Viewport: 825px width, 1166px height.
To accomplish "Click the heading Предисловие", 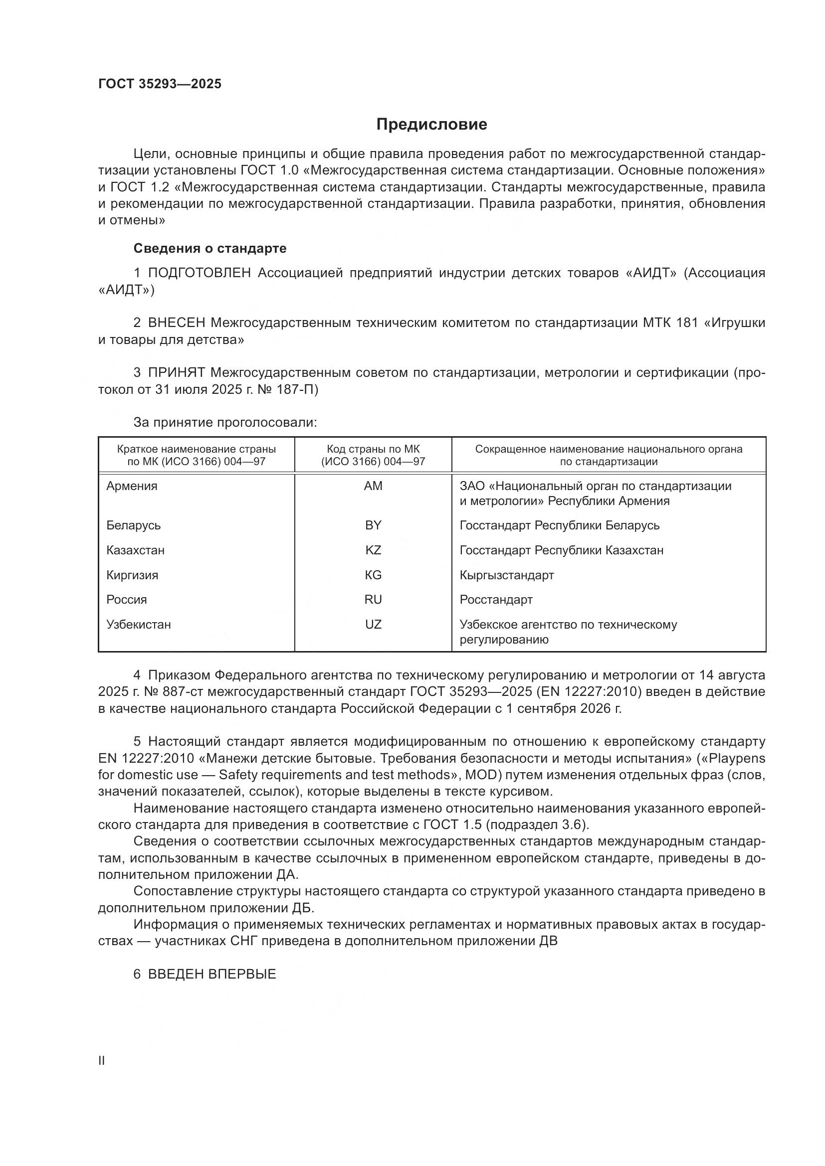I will (431, 125).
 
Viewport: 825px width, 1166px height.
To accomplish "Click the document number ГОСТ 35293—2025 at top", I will (160, 84).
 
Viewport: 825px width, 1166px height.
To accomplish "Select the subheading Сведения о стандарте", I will (210, 248).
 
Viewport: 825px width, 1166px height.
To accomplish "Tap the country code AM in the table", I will (373, 486).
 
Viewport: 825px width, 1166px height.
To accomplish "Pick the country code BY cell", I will (373, 525).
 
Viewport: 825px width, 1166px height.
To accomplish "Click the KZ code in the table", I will (373, 550).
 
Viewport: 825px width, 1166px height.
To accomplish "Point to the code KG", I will (373, 575).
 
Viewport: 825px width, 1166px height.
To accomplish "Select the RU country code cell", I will (373, 599).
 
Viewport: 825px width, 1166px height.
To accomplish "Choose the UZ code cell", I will (373, 624).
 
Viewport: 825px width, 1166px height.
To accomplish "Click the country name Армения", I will (132, 486).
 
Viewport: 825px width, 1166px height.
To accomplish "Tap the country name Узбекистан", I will (138, 624).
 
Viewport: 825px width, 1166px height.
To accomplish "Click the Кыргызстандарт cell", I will (506, 575).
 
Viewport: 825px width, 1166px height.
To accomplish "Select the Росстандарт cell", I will (496, 599).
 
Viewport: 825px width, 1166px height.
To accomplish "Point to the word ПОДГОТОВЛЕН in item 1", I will (199, 273).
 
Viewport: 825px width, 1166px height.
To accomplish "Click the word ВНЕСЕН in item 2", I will (176, 323).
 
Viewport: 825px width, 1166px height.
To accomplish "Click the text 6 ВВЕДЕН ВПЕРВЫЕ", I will (205, 974).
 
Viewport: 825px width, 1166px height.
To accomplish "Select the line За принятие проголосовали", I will (225, 423).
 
